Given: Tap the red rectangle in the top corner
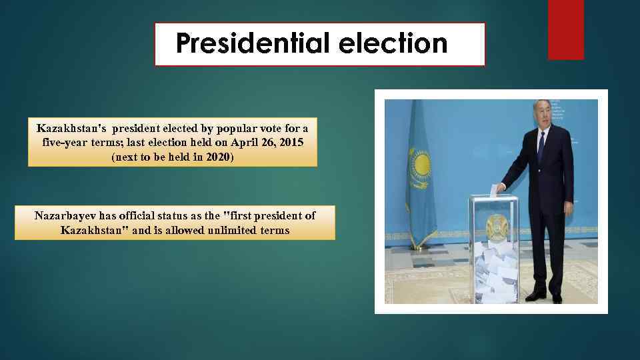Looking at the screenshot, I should point(565,29).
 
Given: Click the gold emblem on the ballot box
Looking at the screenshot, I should point(496,227).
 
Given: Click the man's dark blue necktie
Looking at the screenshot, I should point(541,147).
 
